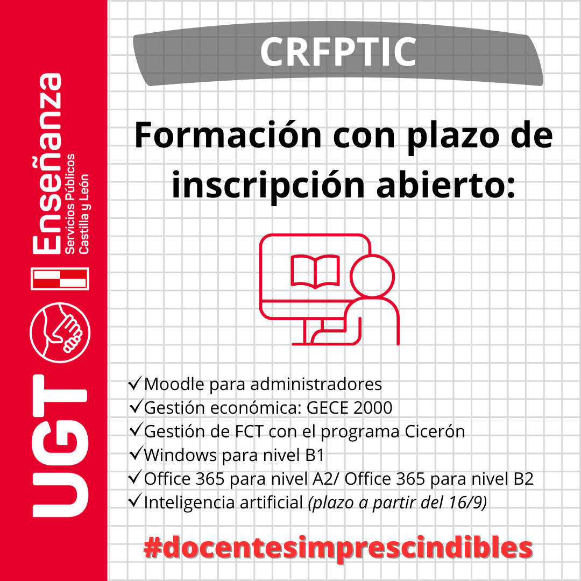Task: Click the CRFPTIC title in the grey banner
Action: coord(339,52)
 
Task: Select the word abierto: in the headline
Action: coord(446,185)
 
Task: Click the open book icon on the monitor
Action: coord(315,271)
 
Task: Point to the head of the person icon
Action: coord(372,276)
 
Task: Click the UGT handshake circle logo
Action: coord(60,332)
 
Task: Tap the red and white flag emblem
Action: coord(60,278)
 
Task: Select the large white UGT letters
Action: coord(60,446)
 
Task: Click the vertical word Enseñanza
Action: coord(47,164)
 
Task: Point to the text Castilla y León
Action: coord(84,214)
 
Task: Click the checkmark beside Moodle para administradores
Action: coord(135,383)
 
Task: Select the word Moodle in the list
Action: coord(174,384)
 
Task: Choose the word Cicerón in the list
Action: coord(435,431)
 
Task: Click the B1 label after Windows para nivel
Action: coord(315,455)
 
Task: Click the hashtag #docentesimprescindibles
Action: coord(338,548)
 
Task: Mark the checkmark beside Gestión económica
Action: coord(136,407)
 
